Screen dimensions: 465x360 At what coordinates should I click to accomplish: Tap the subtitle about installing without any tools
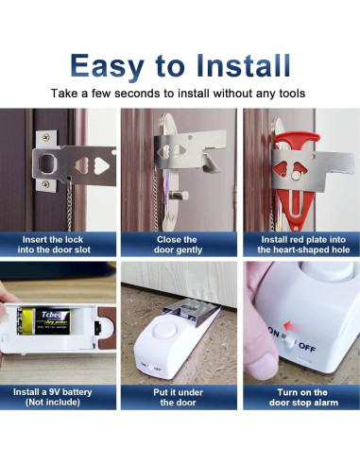(x=180, y=94)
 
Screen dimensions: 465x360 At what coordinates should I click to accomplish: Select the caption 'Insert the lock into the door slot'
(x=59, y=245)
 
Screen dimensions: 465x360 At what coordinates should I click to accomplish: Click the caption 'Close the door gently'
(x=178, y=245)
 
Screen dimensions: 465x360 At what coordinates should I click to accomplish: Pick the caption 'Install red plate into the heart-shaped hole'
(x=300, y=245)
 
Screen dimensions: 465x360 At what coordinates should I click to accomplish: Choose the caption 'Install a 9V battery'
(x=59, y=397)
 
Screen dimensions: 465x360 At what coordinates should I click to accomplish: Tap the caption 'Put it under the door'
(x=178, y=397)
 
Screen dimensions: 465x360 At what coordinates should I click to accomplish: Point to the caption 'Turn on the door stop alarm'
(x=300, y=397)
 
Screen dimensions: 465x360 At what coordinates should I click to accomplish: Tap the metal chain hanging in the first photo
(x=67, y=203)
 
